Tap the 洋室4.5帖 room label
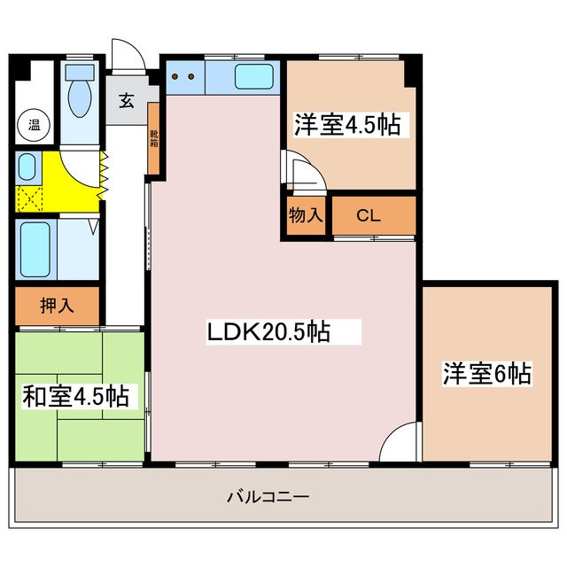click(347, 125)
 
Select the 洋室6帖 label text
click(487, 373)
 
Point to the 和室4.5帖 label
click(75, 396)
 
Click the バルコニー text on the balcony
click(268, 496)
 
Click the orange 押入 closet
click(58, 306)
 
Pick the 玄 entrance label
click(127, 100)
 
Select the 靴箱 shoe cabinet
click(154, 139)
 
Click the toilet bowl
click(80, 99)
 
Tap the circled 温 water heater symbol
click(34, 125)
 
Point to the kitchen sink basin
click(256, 78)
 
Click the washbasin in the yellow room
click(27, 167)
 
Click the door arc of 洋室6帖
click(403, 439)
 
